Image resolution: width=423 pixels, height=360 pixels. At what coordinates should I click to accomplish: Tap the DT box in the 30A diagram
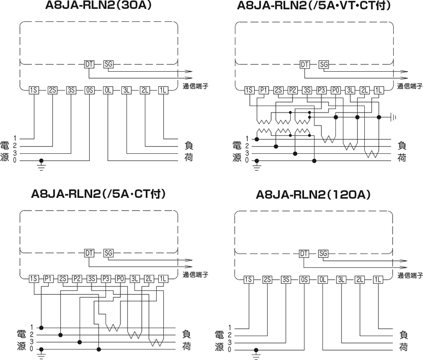click(x=89, y=64)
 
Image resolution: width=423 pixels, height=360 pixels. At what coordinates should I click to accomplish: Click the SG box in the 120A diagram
click(x=323, y=254)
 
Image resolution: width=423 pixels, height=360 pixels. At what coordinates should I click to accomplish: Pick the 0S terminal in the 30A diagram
click(x=90, y=90)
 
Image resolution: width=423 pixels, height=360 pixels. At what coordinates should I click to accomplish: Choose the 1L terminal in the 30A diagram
click(x=164, y=90)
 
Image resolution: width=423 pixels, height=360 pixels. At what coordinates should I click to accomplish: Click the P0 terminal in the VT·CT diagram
click(x=336, y=90)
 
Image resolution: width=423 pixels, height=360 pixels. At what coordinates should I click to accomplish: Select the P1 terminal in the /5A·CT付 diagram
click(x=48, y=279)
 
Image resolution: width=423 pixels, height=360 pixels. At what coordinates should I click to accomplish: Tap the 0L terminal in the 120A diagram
click(x=322, y=279)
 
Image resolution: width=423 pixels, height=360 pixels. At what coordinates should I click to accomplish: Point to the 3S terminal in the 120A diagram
click(x=286, y=279)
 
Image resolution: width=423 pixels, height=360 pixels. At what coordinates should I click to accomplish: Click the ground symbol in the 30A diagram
click(x=42, y=164)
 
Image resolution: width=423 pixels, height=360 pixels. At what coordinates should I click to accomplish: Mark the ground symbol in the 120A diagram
click(x=256, y=354)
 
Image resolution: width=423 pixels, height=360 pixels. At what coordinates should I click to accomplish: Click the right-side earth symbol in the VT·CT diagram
click(x=394, y=117)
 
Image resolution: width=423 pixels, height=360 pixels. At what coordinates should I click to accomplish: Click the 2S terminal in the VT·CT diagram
click(x=278, y=90)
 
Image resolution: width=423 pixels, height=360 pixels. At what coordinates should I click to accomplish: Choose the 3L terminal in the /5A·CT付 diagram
click(x=134, y=279)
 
